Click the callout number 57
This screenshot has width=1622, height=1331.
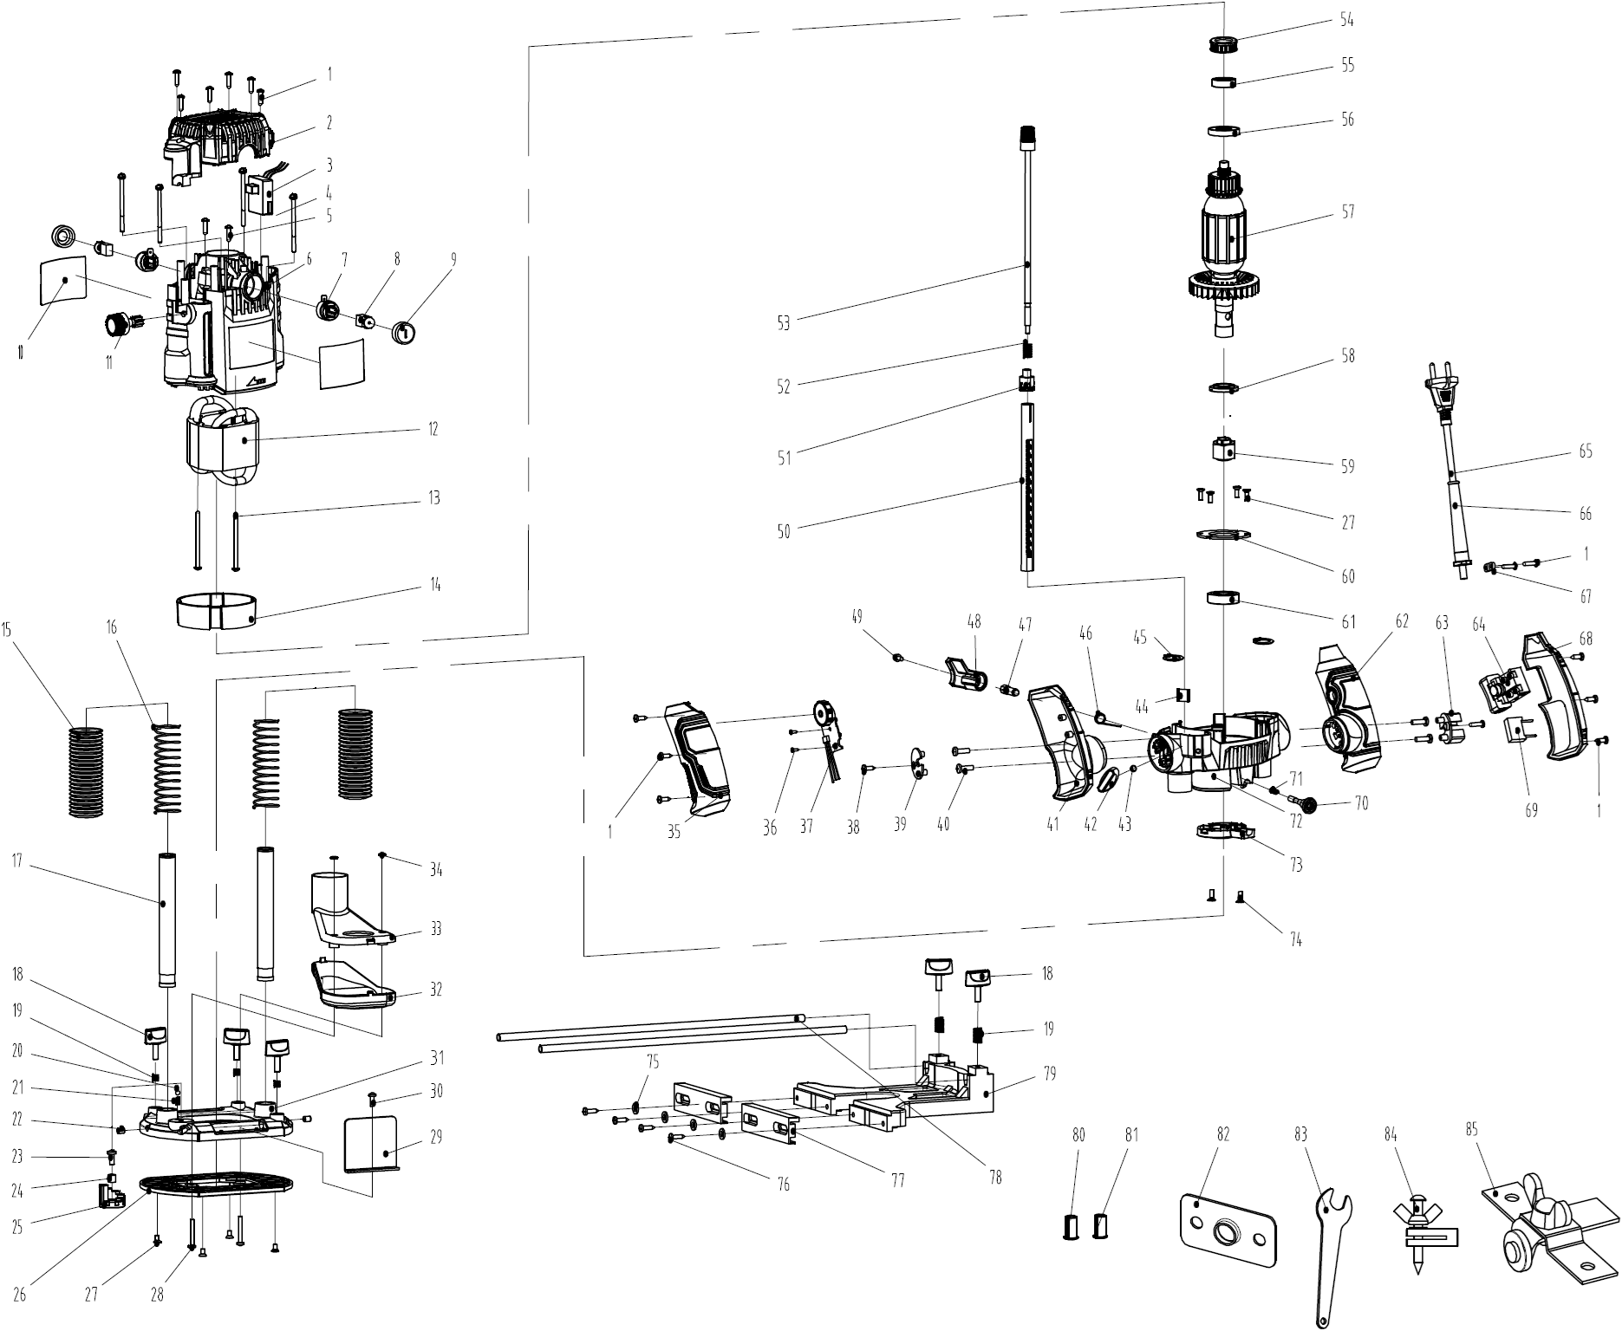tap(1347, 211)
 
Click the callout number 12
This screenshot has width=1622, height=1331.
tap(433, 429)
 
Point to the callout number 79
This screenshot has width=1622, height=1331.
tap(1049, 1075)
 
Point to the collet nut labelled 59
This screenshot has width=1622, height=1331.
tap(1223, 452)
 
